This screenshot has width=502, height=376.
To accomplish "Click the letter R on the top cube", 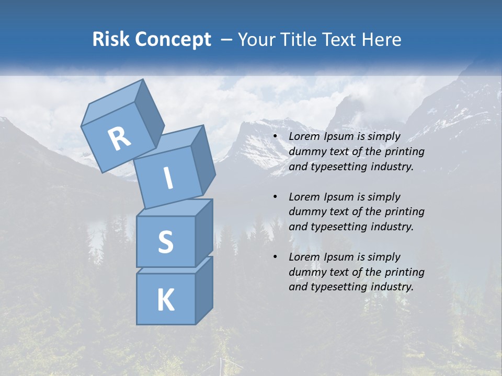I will (x=119, y=139).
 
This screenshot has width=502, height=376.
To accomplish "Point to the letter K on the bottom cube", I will (x=165, y=300).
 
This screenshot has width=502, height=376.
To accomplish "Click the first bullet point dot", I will (x=276, y=137).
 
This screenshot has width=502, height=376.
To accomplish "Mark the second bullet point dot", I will (x=276, y=197).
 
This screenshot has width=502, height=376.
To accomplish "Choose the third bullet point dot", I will (x=276, y=257).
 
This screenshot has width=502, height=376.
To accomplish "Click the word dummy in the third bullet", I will (x=306, y=272).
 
